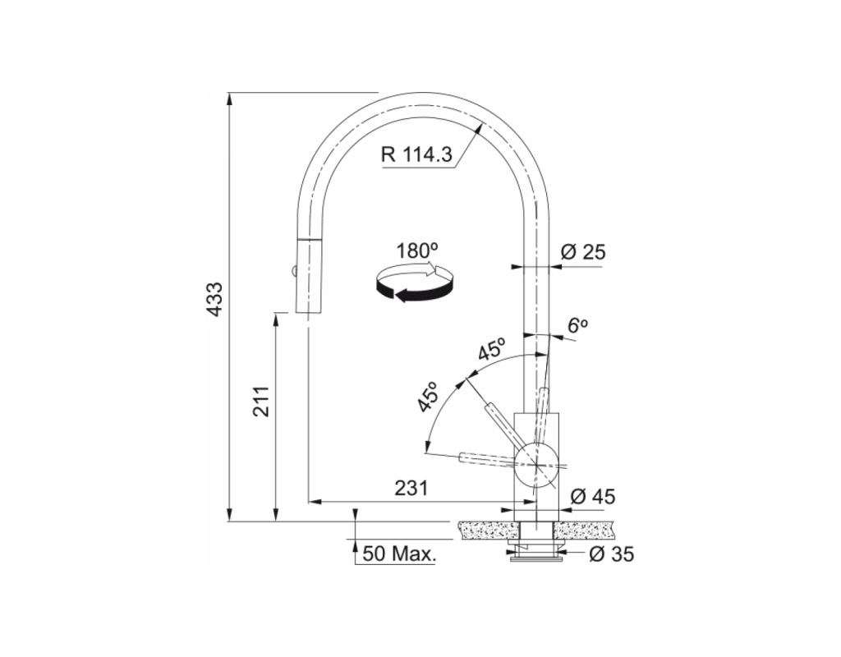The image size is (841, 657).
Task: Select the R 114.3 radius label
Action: point(416,154)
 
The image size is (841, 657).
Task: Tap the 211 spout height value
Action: point(262,401)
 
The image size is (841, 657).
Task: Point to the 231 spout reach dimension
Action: point(411,488)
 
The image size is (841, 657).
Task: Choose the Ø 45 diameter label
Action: point(592,497)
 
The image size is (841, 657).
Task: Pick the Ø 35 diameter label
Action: point(611,554)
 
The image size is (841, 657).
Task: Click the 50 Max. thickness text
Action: point(399,554)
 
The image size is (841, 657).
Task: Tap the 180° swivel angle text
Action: point(416,251)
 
